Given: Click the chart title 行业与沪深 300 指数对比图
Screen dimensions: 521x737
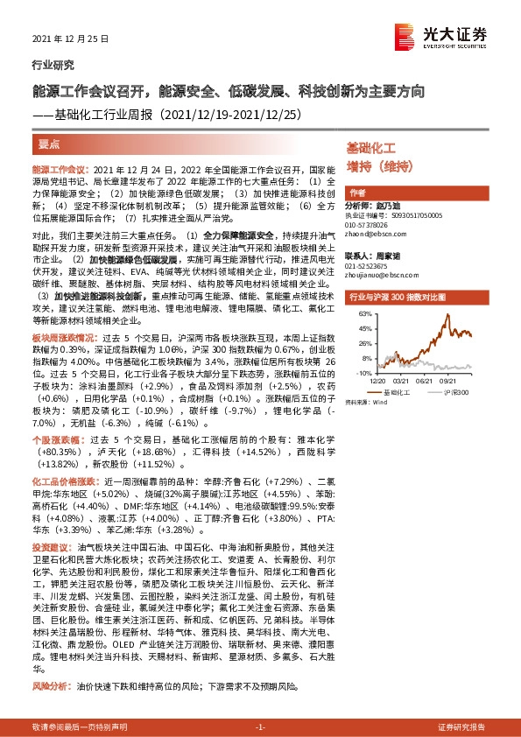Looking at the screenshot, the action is [x=394, y=297].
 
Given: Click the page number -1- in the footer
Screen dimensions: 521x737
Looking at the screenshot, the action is [x=260, y=727].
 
